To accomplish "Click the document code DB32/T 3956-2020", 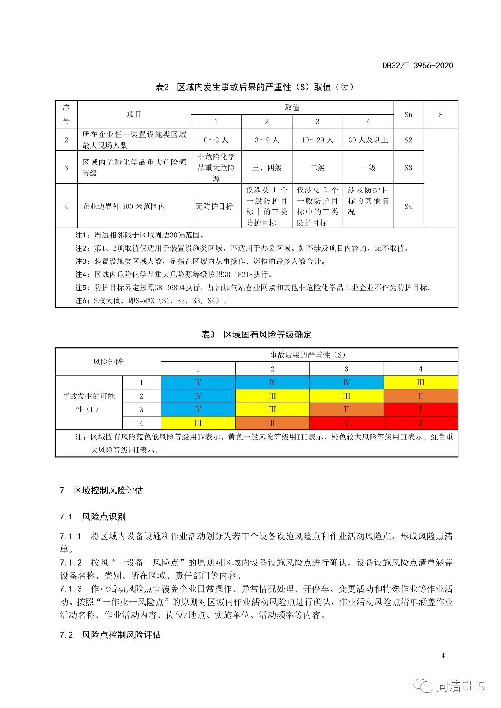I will click(418, 65).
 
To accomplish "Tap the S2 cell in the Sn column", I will click(408, 140).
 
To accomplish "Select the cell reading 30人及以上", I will click(368, 140).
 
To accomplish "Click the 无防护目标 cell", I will click(216, 206).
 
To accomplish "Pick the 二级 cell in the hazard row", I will click(317, 167).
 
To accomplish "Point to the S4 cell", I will click(408, 206).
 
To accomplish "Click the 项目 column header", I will click(134, 114).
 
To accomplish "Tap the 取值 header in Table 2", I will click(292, 108).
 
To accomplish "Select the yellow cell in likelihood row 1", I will click(420, 382).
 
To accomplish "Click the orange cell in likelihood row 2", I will click(420, 396).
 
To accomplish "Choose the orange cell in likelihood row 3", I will click(346, 410).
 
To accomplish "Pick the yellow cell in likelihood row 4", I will click(198, 423).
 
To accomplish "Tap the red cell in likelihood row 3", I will click(420, 410).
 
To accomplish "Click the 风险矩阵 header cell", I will click(108, 362).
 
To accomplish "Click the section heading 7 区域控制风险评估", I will click(102, 490).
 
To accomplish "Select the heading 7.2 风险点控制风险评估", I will click(110, 634).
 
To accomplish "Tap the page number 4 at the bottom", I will click(443, 656).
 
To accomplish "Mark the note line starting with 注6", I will click(151, 300).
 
